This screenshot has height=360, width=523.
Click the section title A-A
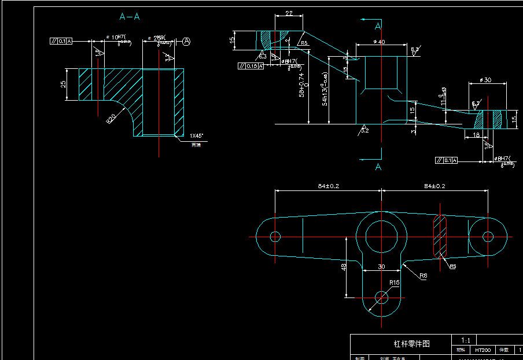coord(130,16)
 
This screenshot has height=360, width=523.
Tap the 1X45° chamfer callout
coord(197,135)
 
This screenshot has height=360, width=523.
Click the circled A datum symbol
coord(186,41)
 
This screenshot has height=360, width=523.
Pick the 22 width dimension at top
coord(289,13)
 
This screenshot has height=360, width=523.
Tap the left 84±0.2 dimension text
coord(328,186)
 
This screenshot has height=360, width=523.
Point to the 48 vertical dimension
coord(344,267)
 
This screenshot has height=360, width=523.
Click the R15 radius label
coord(394,282)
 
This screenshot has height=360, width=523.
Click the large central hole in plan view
coord(381,236)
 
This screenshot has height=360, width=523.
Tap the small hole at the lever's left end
coord(275,236)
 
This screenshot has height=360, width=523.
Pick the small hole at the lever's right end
coord(488,236)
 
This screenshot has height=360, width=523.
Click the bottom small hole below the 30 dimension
coord(381,297)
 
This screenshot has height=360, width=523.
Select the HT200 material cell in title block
coord(483,350)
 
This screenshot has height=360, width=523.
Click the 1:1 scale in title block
coord(466,340)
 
